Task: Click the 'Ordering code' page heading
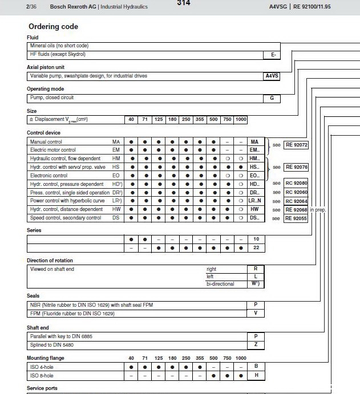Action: pos(53,26)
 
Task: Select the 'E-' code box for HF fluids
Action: pos(272,54)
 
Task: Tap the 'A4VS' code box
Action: pos(272,76)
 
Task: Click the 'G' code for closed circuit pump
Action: pos(272,98)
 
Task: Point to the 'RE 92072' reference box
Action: pos(297,145)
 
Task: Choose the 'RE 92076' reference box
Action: pos(297,167)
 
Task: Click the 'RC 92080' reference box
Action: pos(297,184)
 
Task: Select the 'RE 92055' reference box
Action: pos(297,218)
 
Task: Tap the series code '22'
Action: pos(256,248)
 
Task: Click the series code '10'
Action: pos(256,239)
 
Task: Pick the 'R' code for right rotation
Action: pos(256,269)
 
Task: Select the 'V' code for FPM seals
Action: pos(256,314)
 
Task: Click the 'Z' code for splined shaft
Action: pos(256,345)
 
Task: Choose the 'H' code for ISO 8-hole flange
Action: pos(256,376)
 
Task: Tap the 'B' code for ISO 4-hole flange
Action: pos(256,367)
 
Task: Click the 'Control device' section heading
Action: pos(44,133)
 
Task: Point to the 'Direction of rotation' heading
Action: pos(50,261)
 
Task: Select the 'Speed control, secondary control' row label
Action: pos(66,218)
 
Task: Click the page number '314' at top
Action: pos(183,3)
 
